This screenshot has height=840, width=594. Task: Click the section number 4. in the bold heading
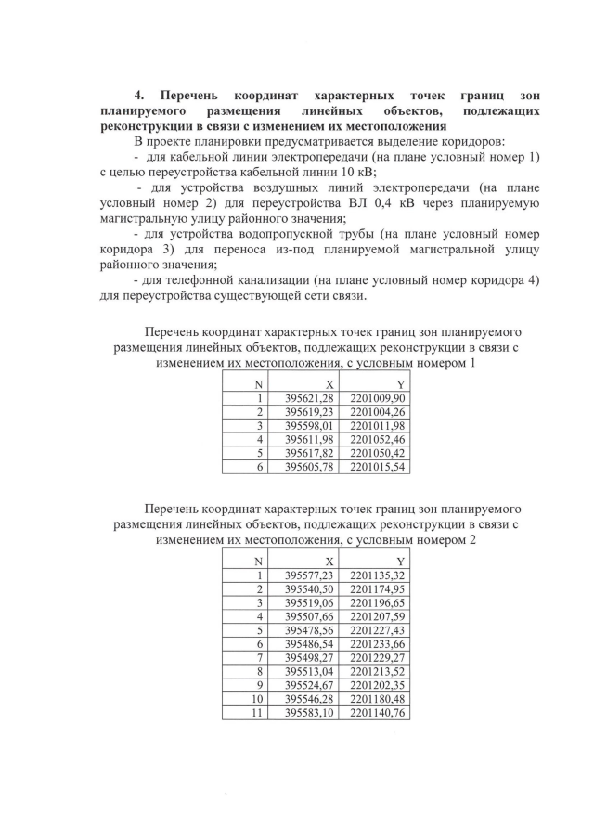coord(140,95)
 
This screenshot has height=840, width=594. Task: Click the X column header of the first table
coord(329,384)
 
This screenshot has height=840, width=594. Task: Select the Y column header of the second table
coord(400,562)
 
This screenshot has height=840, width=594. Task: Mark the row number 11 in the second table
coord(258,713)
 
